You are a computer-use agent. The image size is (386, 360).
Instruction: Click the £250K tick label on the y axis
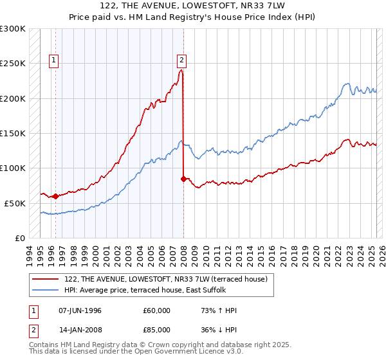pyautogui.click(x=12, y=64)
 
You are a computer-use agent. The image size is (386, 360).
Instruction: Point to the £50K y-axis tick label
pyautogui.click(x=15, y=203)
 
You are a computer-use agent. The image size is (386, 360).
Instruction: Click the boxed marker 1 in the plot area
pyautogui.click(x=55, y=61)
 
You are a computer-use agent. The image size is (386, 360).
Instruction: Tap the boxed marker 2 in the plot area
pyautogui.click(x=182, y=61)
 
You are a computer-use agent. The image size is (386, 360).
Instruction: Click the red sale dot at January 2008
pyautogui.click(x=184, y=179)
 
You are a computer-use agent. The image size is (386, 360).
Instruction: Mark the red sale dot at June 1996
pyautogui.click(x=55, y=196)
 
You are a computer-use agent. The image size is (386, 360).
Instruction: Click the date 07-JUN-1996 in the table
pyautogui.click(x=80, y=310)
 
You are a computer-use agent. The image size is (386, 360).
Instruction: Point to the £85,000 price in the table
pyautogui.click(x=157, y=332)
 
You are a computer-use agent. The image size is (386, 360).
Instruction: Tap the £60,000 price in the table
pyautogui.click(x=157, y=310)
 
